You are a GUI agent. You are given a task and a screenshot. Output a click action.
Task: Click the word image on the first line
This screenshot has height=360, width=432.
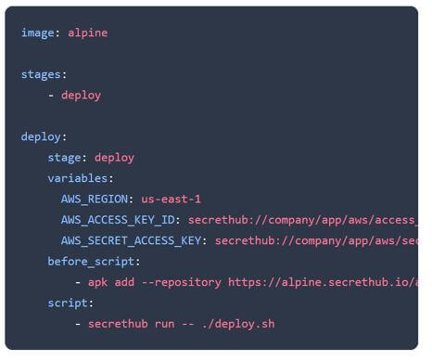[x=38, y=32]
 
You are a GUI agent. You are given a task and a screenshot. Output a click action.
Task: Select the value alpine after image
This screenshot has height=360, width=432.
[x=87, y=32]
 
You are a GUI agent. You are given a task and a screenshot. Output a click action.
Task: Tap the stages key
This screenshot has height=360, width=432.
[x=42, y=74]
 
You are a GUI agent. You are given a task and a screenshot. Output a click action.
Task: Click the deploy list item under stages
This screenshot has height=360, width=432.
[x=81, y=95]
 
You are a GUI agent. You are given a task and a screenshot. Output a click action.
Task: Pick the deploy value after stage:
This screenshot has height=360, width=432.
[x=114, y=158]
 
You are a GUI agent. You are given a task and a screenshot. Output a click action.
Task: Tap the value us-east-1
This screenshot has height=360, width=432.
[x=171, y=199]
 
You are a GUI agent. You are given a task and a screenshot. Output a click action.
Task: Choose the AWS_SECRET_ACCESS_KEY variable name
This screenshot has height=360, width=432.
[x=133, y=240]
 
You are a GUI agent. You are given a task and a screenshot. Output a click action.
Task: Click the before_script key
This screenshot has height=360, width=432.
[x=92, y=262]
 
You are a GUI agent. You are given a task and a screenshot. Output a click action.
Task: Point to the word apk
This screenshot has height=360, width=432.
[x=98, y=282]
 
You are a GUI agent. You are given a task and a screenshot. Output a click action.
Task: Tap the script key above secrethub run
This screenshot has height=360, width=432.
[x=69, y=302]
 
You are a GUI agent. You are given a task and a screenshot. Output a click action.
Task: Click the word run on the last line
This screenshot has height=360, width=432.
[x=168, y=324]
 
